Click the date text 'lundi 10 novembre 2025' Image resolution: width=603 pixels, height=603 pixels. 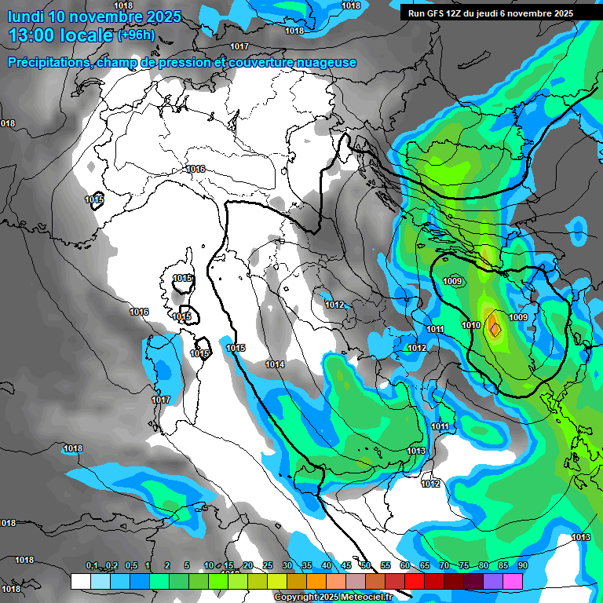(x=94, y=16)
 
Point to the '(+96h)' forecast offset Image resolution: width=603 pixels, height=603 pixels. (x=137, y=35)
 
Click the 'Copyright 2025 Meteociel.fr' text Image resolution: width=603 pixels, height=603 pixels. (x=334, y=598)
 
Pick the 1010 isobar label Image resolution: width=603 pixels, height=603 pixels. (x=471, y=325)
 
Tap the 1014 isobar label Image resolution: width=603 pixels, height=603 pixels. (x=275, y=364)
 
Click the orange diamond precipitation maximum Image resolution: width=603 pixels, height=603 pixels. (x=494, y=324)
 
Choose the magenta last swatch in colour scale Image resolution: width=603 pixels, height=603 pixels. (x=513, y=581)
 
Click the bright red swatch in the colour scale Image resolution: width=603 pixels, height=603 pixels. (x=415, y=581)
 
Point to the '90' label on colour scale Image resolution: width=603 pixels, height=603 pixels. (x=522, y=566)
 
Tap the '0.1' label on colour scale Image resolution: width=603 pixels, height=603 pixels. (x=91, y=566)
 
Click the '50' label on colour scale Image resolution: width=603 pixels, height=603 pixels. (x=366, y=566)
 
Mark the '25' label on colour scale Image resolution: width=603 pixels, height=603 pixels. (x=267, y=566)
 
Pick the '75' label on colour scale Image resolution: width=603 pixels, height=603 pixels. (x=463, y=566)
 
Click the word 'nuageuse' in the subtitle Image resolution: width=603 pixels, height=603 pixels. (x=327, y=62)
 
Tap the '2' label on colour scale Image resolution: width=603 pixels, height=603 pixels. (x=168, y=566)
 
